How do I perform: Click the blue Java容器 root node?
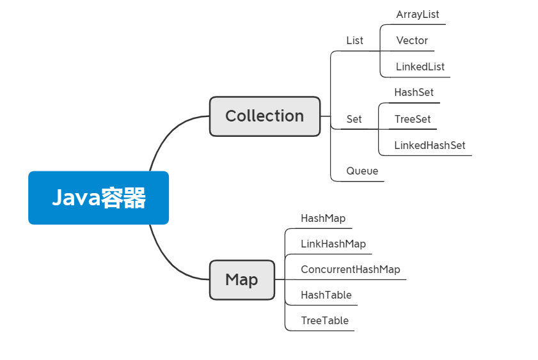pyautogui.click(x=98, y=198)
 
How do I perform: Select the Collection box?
pyautogui.click(x=264, y=116)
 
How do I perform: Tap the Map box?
pyautogui.click(x=242, y=280)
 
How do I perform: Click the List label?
pyautogui.click(x=354, y=40)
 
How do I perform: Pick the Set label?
pyautogui.click(x=354, y=119)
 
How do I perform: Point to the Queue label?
pyautogui.click(x=362, y=171)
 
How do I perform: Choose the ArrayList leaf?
pyautogui.click(x=417, y=14)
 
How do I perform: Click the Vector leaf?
pyautogui.click(x=412, y=40)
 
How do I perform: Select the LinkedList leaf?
pyautogui.click(x=420, y=67)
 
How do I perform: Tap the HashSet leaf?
pyautogui.click(x=414, y=92)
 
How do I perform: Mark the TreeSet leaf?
pyautogui.click(x=413, y=119)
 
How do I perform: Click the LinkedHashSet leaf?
pyautogui.click(x=429, y=145)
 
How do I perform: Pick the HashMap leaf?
pyautogui.click(x=323, y=218)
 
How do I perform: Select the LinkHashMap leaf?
pyautogui.click(x=333, y=244)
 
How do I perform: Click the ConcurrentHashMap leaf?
pyautogui.click(x=351, y=269)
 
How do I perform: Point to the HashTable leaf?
pyautogui.click(x=326, y=295)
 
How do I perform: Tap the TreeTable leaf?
pyautogui.click(x=325, y=320)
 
